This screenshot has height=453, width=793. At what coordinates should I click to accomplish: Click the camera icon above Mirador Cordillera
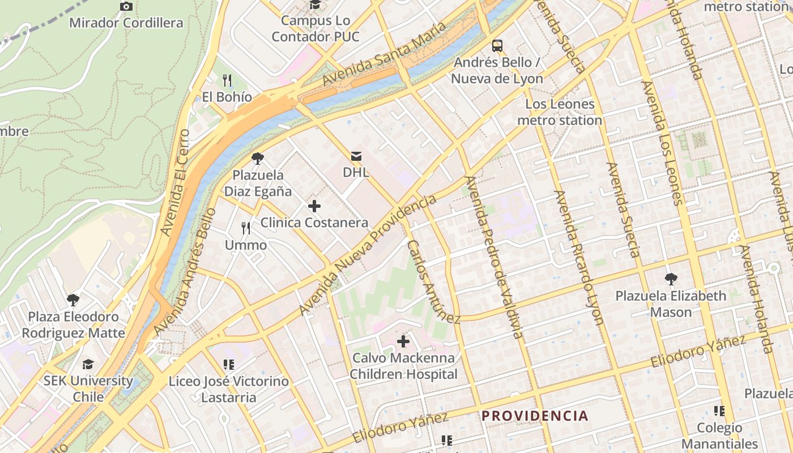pos(126,7)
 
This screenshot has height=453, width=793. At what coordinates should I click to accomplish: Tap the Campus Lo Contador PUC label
pos(315,28)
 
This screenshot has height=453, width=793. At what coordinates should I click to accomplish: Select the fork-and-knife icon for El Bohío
pos(227,80)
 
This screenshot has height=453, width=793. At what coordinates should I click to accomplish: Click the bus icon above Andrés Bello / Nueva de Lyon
pos(497,46)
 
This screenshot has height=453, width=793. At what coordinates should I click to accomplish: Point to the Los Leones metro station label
pos(559,112)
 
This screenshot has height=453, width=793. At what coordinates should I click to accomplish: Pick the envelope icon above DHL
pos(356,156)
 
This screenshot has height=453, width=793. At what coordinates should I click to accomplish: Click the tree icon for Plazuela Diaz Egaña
pos(258,159)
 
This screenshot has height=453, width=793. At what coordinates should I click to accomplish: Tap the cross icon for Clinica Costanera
pos(314,206)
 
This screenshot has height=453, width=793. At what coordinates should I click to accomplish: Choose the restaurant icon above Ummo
pos(246,228)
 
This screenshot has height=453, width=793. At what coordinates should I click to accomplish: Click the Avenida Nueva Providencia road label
pos(368,255)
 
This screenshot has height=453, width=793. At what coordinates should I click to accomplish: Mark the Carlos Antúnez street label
pos(433,282)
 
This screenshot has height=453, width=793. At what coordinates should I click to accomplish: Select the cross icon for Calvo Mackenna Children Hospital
pos(403,341)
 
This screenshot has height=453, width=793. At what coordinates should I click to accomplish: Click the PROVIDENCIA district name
pos(535,416)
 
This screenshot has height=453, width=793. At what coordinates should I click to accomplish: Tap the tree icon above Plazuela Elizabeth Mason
pos(671,279)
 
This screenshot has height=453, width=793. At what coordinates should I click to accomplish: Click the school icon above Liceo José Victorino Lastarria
pos(229,365)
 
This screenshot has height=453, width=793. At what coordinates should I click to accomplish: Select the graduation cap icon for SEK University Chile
pos(88,364)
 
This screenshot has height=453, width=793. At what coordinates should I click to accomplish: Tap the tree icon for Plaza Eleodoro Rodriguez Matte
pos(73,300)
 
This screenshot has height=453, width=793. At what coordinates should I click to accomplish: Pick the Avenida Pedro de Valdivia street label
pos(493,257)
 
